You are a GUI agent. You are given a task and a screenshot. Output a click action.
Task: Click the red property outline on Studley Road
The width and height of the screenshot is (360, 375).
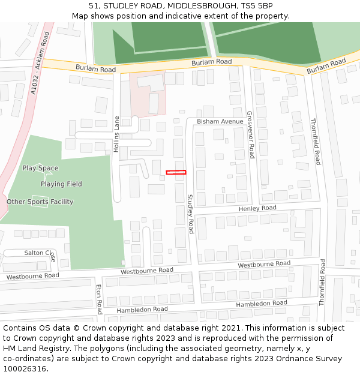click(x=176, y=173)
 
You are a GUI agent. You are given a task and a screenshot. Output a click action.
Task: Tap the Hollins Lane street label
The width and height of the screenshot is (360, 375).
click(x=117, y=134)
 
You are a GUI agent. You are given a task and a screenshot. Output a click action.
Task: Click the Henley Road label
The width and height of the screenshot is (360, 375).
click(x=257, y=208)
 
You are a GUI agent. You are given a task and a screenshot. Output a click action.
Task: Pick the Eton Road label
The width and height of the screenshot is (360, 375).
click(x=99, y=299)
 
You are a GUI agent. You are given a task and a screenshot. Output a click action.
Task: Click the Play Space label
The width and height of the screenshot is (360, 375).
click(x=41, y=168)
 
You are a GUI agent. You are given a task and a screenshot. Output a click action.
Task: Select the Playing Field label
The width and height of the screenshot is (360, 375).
click(x=61, y=184)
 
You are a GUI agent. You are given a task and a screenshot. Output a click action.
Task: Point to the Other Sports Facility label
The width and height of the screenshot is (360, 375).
click(x=40, y=202)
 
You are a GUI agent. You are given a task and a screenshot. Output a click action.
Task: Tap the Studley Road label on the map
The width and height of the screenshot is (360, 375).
click(x=190, y=214)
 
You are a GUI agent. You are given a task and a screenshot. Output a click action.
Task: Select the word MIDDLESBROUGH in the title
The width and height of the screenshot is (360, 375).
click(x=200, y=6)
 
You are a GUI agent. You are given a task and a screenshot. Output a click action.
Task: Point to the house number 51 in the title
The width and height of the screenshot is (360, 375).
click(x=93, y=6)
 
